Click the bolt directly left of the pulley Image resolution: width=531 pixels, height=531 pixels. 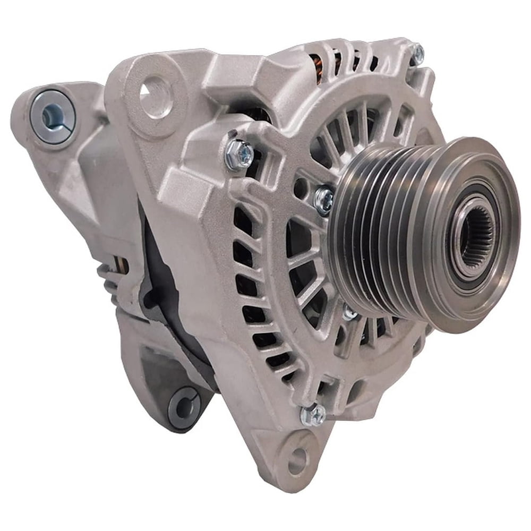[323, 200]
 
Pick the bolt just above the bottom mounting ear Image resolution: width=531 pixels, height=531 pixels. [313, 414]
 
